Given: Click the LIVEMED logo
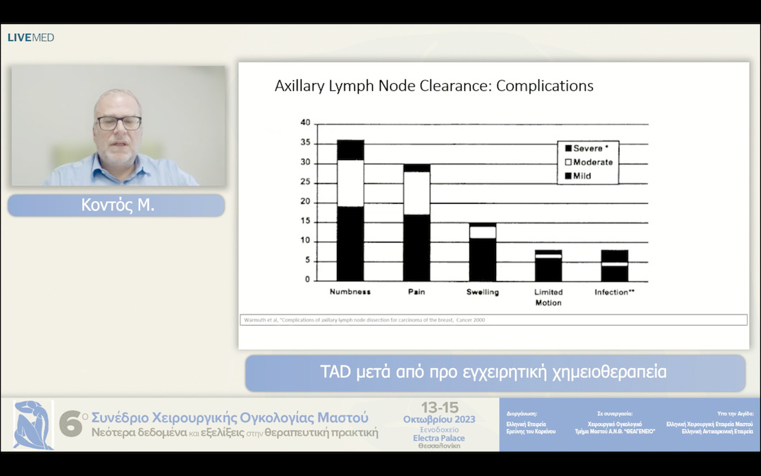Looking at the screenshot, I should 31,37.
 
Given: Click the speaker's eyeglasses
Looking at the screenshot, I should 118,123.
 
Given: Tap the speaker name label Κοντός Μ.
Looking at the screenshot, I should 116,205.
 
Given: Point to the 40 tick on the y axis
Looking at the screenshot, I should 305,123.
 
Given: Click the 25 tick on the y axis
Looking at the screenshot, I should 305,183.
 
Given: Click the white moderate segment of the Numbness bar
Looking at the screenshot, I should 350,183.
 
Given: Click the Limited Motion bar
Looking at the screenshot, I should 548,266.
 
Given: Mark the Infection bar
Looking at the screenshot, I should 614,266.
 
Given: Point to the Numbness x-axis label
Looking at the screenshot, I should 350,292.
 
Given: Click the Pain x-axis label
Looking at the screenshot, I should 416,292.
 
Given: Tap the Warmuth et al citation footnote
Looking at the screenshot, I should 364,320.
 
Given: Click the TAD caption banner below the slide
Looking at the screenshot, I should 495,372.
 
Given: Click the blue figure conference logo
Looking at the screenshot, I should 33,425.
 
